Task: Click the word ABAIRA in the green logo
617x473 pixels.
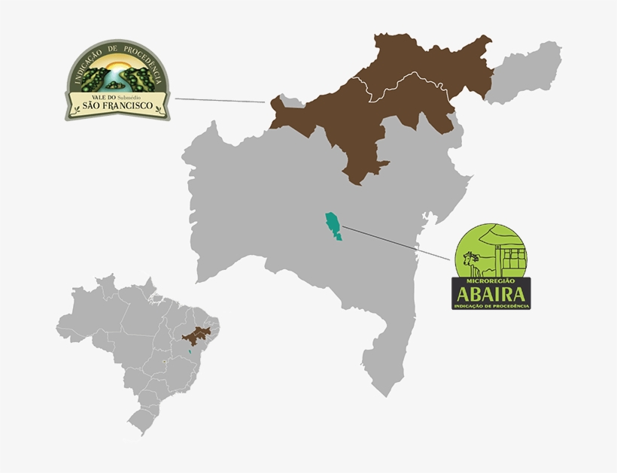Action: pos(491,292)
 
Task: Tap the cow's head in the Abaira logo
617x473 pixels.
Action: pos(471,259)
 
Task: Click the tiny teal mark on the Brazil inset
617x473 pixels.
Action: pos(190,349)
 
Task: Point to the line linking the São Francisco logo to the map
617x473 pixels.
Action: pos(218,99)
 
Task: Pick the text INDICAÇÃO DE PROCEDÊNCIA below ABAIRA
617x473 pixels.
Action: pos(491,305)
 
